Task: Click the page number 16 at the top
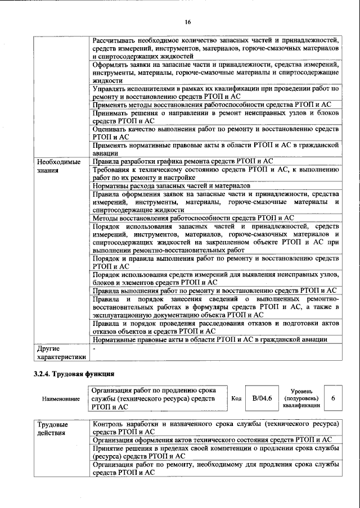tap(188, 22)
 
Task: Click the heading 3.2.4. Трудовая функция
tap(74, 373)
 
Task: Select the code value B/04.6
tap(262, 398)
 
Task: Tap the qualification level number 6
tap(333, 398)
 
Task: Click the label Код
tap(237, 398)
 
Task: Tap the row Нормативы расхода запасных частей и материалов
tap(171, 185)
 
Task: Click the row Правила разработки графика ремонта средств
tap(183, 161)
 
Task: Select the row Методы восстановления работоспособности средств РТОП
tap(193, 217)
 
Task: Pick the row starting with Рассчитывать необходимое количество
tap(215, 48)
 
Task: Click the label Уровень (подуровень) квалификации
tap(302, 398)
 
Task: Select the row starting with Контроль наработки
tap(215, 428)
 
